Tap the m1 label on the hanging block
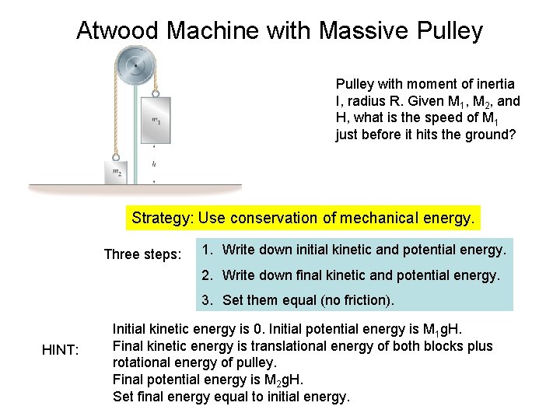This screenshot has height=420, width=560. pyautogui.click(x=156, y=121)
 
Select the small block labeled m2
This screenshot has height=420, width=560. pyautogui.click(x=115, y=172)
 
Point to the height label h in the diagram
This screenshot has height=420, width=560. pyautogui.click(x=154, y=164)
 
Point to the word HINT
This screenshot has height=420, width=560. pyautogui.click(x=60, y=352)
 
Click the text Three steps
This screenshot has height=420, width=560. pyautogui.click(x=142, y=254)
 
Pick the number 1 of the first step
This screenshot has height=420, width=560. pyautogui.click(x=205, y=250)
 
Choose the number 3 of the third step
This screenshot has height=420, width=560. pyautogui.click(x=205, y=300)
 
